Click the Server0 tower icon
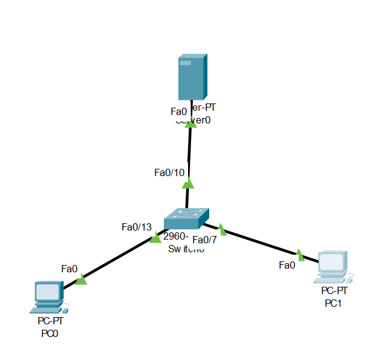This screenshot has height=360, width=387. [x=192, y=77]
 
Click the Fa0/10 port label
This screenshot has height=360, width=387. [x=169, y=172]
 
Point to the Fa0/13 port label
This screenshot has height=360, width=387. [x=137, y=227]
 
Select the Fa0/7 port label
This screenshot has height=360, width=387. [x=204, y=239]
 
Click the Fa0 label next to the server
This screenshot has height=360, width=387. [x=179, y=111]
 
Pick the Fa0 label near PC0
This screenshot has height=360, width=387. [x=70, y=268]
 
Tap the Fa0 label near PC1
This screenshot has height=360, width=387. [x=287, y=264]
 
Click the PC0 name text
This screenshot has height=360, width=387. [x=49, y=333]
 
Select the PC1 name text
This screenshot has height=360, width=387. [x=333, y=303]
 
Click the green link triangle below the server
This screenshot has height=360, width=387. [x=190, y=123]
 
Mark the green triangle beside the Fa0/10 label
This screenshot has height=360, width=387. [x=188, y=183]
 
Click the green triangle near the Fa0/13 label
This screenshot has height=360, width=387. [x=155, y=238]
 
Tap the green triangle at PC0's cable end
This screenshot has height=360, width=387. [x=81, y=279]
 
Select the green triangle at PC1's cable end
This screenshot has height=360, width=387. [x=299, y=253]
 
